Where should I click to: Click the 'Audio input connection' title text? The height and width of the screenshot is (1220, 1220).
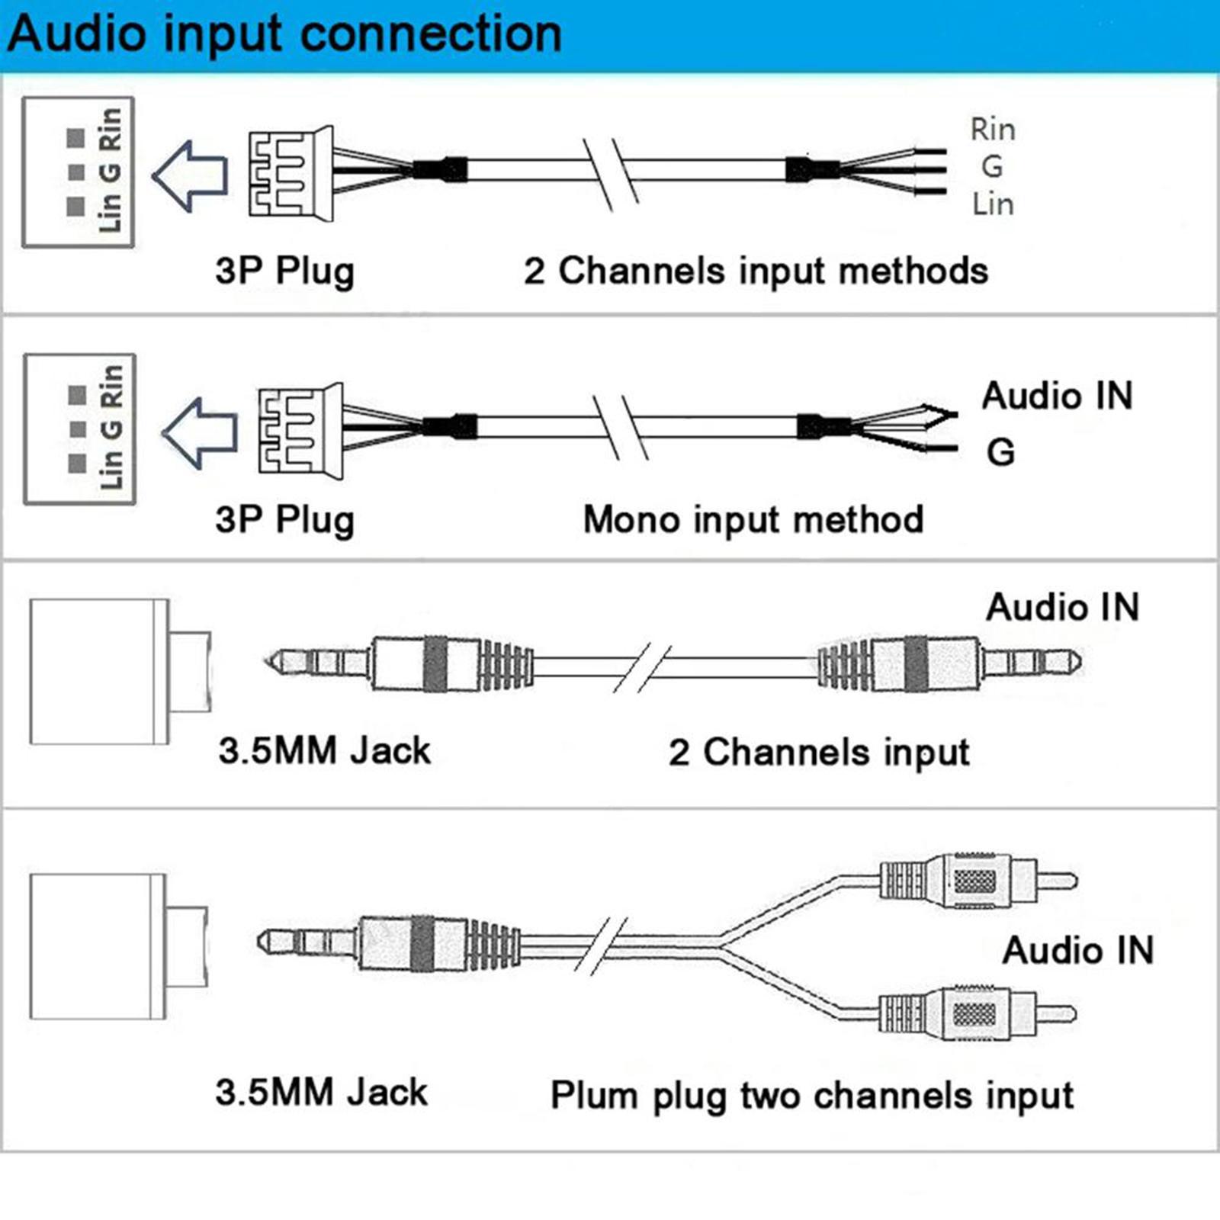click(x=284, y=34)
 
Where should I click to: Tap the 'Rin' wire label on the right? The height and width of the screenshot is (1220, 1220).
click(x=992, y=129)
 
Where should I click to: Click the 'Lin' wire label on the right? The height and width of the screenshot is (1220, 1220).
click(x=992, y=204)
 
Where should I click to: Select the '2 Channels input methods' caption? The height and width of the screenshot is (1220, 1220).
click(x=755, y=271)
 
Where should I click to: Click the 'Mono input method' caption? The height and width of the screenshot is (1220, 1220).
click(x=753, y=520)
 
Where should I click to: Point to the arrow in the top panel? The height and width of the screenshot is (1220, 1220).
click(x=191, y=175)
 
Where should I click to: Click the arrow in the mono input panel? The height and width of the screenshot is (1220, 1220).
click(x=201, y=432)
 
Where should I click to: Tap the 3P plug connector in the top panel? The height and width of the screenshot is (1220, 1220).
click(x=291, y=174)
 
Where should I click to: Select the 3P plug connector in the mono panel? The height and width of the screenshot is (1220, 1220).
click(x=300, y=431)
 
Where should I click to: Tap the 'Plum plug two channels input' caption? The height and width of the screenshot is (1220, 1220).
click(x=812, y=1096)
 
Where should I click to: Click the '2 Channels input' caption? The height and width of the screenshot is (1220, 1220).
click(x=819, y=752)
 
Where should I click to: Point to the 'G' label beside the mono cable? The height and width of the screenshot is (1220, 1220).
click(x=1000, y=453)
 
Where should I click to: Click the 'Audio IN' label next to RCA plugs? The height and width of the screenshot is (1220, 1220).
click(x=1077, y=951)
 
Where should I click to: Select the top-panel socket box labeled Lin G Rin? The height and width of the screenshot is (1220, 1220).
click(x=79, y=172)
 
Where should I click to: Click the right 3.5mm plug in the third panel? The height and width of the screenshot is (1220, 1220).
click(x=949, y=663)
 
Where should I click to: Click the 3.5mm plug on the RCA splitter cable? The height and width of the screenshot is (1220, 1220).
click(x=389, y=943)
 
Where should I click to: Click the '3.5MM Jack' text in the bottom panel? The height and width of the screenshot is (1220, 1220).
click(x=321, y=1092)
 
